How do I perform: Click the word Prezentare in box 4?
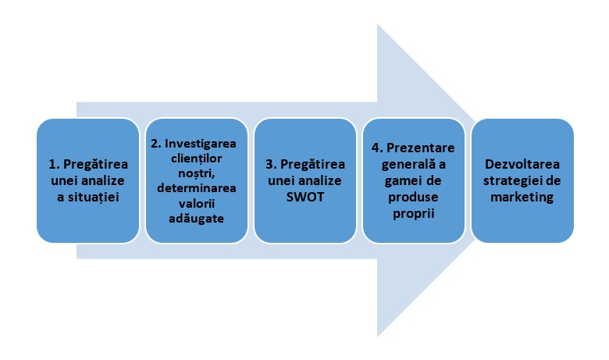[423, 149]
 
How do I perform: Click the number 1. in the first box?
[55, 165]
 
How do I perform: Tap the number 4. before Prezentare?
[376, 149]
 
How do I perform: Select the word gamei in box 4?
[404, 180]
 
